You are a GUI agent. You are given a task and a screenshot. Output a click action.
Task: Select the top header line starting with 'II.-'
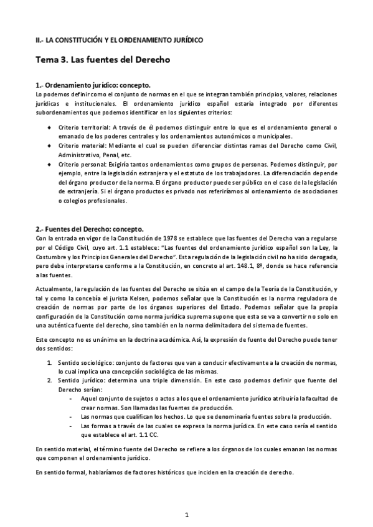click(x=119, y=40)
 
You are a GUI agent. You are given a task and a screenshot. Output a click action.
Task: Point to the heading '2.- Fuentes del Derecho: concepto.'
click(x=90, y=228)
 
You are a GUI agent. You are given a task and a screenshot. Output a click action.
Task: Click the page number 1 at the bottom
click(x=186, y=515)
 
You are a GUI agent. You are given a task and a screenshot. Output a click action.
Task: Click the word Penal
click(x=111, y=154)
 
